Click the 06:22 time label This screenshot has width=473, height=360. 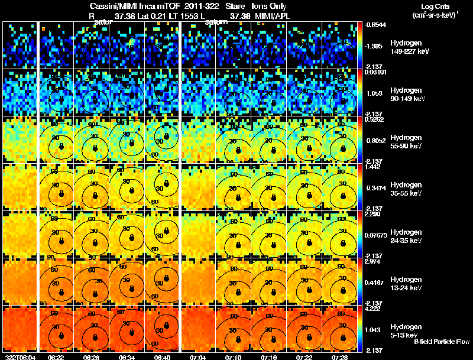(x=56, y=357)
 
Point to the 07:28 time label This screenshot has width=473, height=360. (x=340, y=357)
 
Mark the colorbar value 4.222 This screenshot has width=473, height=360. (x=374, y=308)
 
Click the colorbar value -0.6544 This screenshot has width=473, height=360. (x=375, y=25)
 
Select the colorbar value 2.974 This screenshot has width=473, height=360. (x=374, y=261)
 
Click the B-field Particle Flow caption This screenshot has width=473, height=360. (x=441, y=342)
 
